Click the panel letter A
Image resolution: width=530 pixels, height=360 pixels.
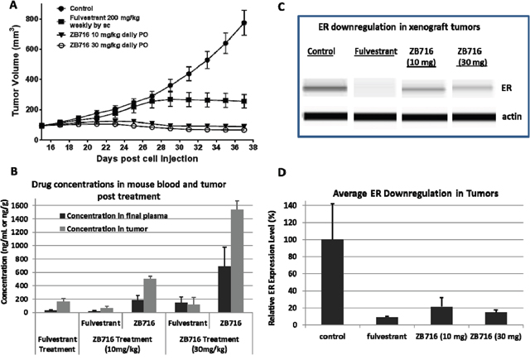[x=7, y=7]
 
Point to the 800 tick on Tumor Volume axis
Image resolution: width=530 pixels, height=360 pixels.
[x=49, y=17]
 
